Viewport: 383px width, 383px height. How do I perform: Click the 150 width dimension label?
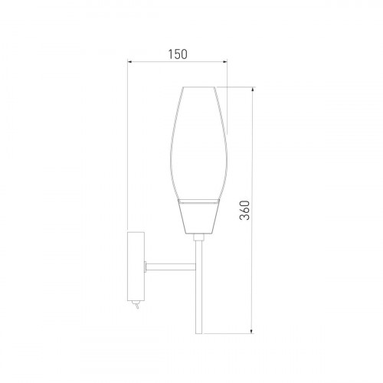click(178, 54)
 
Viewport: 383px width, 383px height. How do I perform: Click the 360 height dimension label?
click(244, 211)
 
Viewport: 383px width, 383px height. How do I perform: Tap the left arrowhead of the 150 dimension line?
click(130, 61)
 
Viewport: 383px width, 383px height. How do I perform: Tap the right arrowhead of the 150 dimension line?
click(224, 61)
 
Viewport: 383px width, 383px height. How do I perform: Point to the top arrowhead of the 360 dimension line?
click(252, 90)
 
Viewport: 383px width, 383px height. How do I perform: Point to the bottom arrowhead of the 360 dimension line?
click(252, 331)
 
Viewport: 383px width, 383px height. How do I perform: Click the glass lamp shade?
click(198, 143)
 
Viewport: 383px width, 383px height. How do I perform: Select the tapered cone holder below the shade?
click(199, 216)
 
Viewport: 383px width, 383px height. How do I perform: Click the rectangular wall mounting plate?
click(136, 267)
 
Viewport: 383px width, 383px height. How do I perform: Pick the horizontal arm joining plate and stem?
click(171, 267)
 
